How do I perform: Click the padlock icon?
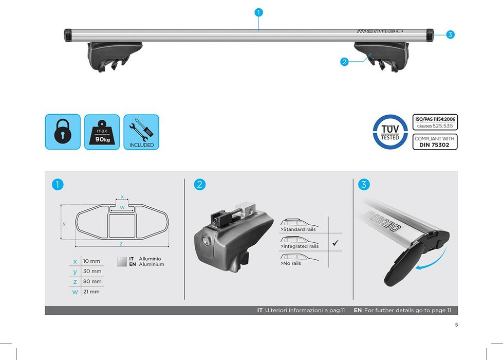pos(63,132)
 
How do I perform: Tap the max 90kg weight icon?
pos(102,132)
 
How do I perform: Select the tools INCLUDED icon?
pos(141,132)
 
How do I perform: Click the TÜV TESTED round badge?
pos(390,132)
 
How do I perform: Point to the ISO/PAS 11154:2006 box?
pos(435,122)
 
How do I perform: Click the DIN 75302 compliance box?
pos(435,141)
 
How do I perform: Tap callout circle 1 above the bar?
pos(258,12)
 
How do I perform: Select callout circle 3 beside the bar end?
pos(450,34)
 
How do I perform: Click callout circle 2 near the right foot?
pos(344,62)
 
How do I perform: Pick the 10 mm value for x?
pos(91,261)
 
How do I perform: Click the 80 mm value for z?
pos(92,281)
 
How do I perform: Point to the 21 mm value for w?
pos(91,292)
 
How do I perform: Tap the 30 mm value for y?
pos(92,272)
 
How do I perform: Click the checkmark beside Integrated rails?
pos(335,243)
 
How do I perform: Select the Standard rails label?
pos(298,229)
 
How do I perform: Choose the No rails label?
pos(291,263)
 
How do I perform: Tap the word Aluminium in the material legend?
pos(152,264)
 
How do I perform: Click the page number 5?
pos(456,325)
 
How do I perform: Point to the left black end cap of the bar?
pos(68,35)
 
